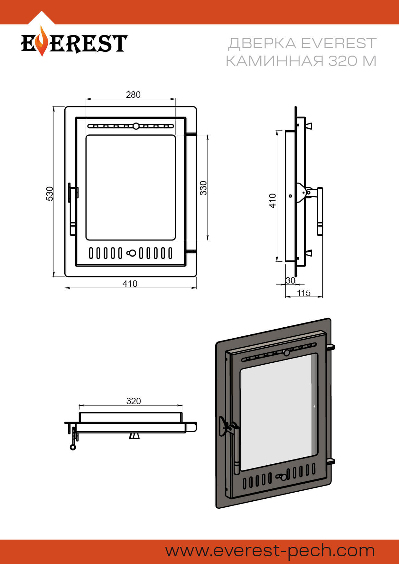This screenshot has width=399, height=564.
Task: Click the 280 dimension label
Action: point(133,95)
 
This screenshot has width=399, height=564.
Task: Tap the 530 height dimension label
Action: point(50,194)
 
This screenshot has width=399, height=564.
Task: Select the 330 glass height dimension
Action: point(203,188)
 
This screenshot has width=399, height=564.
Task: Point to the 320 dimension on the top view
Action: point(134,401)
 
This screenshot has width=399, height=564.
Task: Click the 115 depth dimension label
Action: point(303,293)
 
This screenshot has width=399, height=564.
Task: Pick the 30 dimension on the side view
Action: point(290,280)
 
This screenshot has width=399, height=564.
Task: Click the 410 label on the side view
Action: point(273,201)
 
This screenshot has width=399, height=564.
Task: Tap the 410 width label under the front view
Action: point(130,284)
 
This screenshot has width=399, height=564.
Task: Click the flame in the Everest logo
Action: point(41,41)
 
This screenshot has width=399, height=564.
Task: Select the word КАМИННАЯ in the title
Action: point(274,61)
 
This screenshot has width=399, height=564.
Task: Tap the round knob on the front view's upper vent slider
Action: point(136,126)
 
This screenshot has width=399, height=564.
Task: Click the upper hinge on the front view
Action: point(191,134)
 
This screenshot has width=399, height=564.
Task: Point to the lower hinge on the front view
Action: point(191,251)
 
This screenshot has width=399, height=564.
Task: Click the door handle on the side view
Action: point(320,211)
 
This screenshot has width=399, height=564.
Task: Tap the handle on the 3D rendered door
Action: point(237,449)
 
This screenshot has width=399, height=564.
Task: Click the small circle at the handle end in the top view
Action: point(73,447)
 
